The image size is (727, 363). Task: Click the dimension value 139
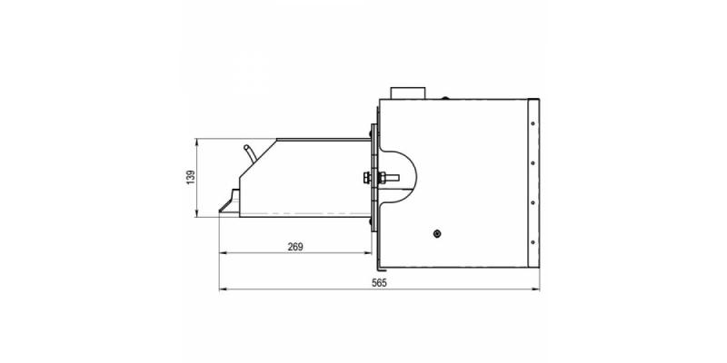(191, 177)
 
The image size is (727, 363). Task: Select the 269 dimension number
(295, 247)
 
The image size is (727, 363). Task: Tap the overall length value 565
(379, 283)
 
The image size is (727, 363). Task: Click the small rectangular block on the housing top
(407, 93)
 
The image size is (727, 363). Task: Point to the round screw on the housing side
(437, 234)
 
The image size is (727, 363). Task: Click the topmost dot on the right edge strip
(533, 123)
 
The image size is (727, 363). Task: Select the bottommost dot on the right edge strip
(533, 242)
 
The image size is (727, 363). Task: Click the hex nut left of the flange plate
(367, 177)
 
